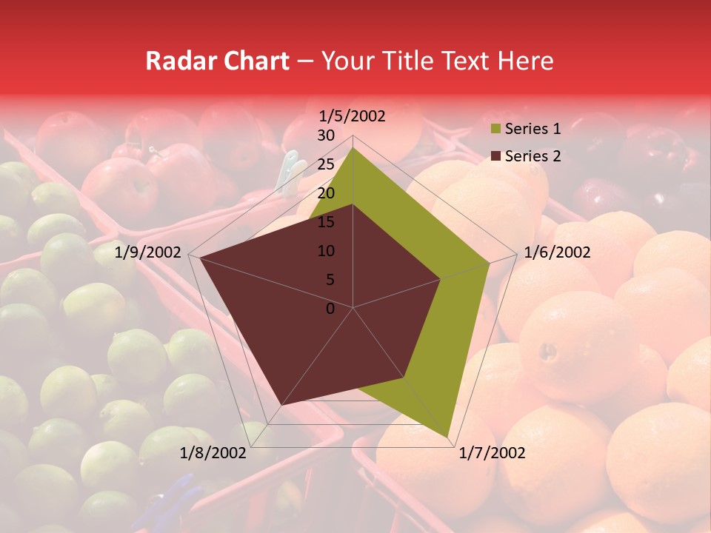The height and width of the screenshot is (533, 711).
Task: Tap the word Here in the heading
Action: click(525, 61)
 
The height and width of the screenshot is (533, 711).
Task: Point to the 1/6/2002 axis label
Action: click(557, 252)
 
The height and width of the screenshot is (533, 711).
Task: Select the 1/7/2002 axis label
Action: click(492, 453)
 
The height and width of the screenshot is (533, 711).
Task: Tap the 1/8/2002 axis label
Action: click(213, 453)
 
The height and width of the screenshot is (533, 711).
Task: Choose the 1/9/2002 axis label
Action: click(148, 252)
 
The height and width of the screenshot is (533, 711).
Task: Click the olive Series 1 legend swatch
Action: click(494, 130)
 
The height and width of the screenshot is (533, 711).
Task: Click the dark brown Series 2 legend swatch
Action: click(494, 156)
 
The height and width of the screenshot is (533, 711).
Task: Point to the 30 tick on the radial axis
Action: click(326, 135)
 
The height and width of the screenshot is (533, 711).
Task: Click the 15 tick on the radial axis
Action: click(326, 222)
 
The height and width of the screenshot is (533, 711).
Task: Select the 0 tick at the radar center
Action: click(330, 309)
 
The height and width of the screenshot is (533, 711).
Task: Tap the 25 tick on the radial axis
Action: click(326, 164)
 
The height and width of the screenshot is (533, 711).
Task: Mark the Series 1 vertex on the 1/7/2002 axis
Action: click(447, 438)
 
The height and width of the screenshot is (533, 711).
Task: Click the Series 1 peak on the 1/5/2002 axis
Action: click(353, 147)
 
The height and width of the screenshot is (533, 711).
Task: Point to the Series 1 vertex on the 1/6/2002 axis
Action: click(490, 262)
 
